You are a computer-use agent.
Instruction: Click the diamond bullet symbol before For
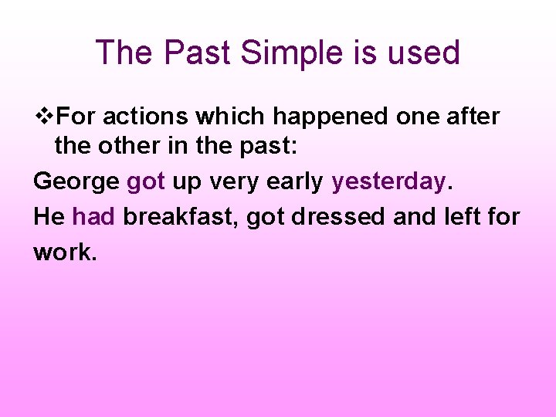click(x=46, y=117)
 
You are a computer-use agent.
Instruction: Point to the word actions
click(x=146, y=117)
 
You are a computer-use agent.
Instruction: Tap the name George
click(x=76, y=182)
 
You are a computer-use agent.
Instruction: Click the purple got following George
click(x=145, y=182)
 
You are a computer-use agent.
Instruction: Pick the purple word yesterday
click(x=388, y=182)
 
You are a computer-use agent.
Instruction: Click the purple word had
click(x=93, y=217)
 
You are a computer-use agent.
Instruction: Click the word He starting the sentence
click(x=49, y=217)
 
